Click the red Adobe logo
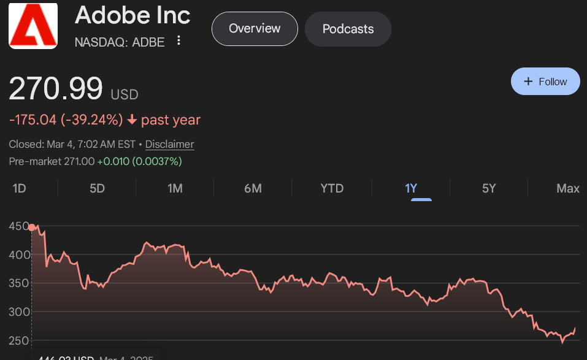tap(33, 25)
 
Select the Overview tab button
tap(255, 29)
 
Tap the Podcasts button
tap(348, 29)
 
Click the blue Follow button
tap(545, 82)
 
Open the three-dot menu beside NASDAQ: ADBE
tap(178, 40)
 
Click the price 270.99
tap(56, 88)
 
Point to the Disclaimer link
tap(169, 145)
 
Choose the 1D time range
tap(19, 188)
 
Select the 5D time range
tap(97, 188)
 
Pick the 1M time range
tap(175, 188)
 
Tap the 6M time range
tap(253, 188)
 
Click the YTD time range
tap(332, 188)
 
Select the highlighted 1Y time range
tap(411, 188)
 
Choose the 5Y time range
tap(489, 188)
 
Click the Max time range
tap(568, 188)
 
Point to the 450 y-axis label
tap(18, 226)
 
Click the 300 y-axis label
tap(18, 312)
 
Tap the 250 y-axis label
tap(18, 340)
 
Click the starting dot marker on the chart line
tap(32, 228)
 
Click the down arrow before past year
tap(132, 120)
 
